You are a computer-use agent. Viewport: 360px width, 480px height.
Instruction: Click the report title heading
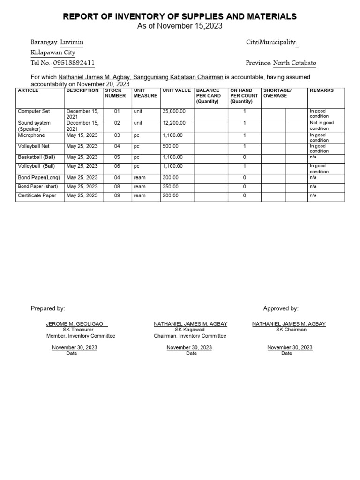pos(180,16)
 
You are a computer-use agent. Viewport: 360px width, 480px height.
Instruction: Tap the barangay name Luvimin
pos(72,42)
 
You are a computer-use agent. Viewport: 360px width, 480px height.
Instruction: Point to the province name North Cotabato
pos(294,63)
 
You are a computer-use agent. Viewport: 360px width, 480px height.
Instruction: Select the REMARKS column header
pos(322,90)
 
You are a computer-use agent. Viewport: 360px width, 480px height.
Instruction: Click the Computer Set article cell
pos(34,112)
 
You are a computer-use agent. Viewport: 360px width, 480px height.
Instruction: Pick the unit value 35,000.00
pos(174,112)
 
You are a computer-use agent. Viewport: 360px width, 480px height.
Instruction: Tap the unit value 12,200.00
pos(174,123)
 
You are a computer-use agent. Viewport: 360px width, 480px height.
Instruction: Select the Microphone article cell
pos(31,135)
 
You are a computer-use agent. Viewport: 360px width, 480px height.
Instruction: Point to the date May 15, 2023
pos(82,135)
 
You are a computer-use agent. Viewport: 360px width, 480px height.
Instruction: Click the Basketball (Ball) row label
pos(37,157)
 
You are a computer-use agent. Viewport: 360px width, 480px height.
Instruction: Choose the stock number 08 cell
pos(117,186)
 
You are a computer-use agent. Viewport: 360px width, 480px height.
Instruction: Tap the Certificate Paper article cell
pos(37,195)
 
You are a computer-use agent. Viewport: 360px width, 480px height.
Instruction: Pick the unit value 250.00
pos(171,186)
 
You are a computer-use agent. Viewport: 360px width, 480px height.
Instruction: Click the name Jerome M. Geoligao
pos(77,324)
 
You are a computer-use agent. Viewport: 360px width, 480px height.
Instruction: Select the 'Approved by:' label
pos(281,308)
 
